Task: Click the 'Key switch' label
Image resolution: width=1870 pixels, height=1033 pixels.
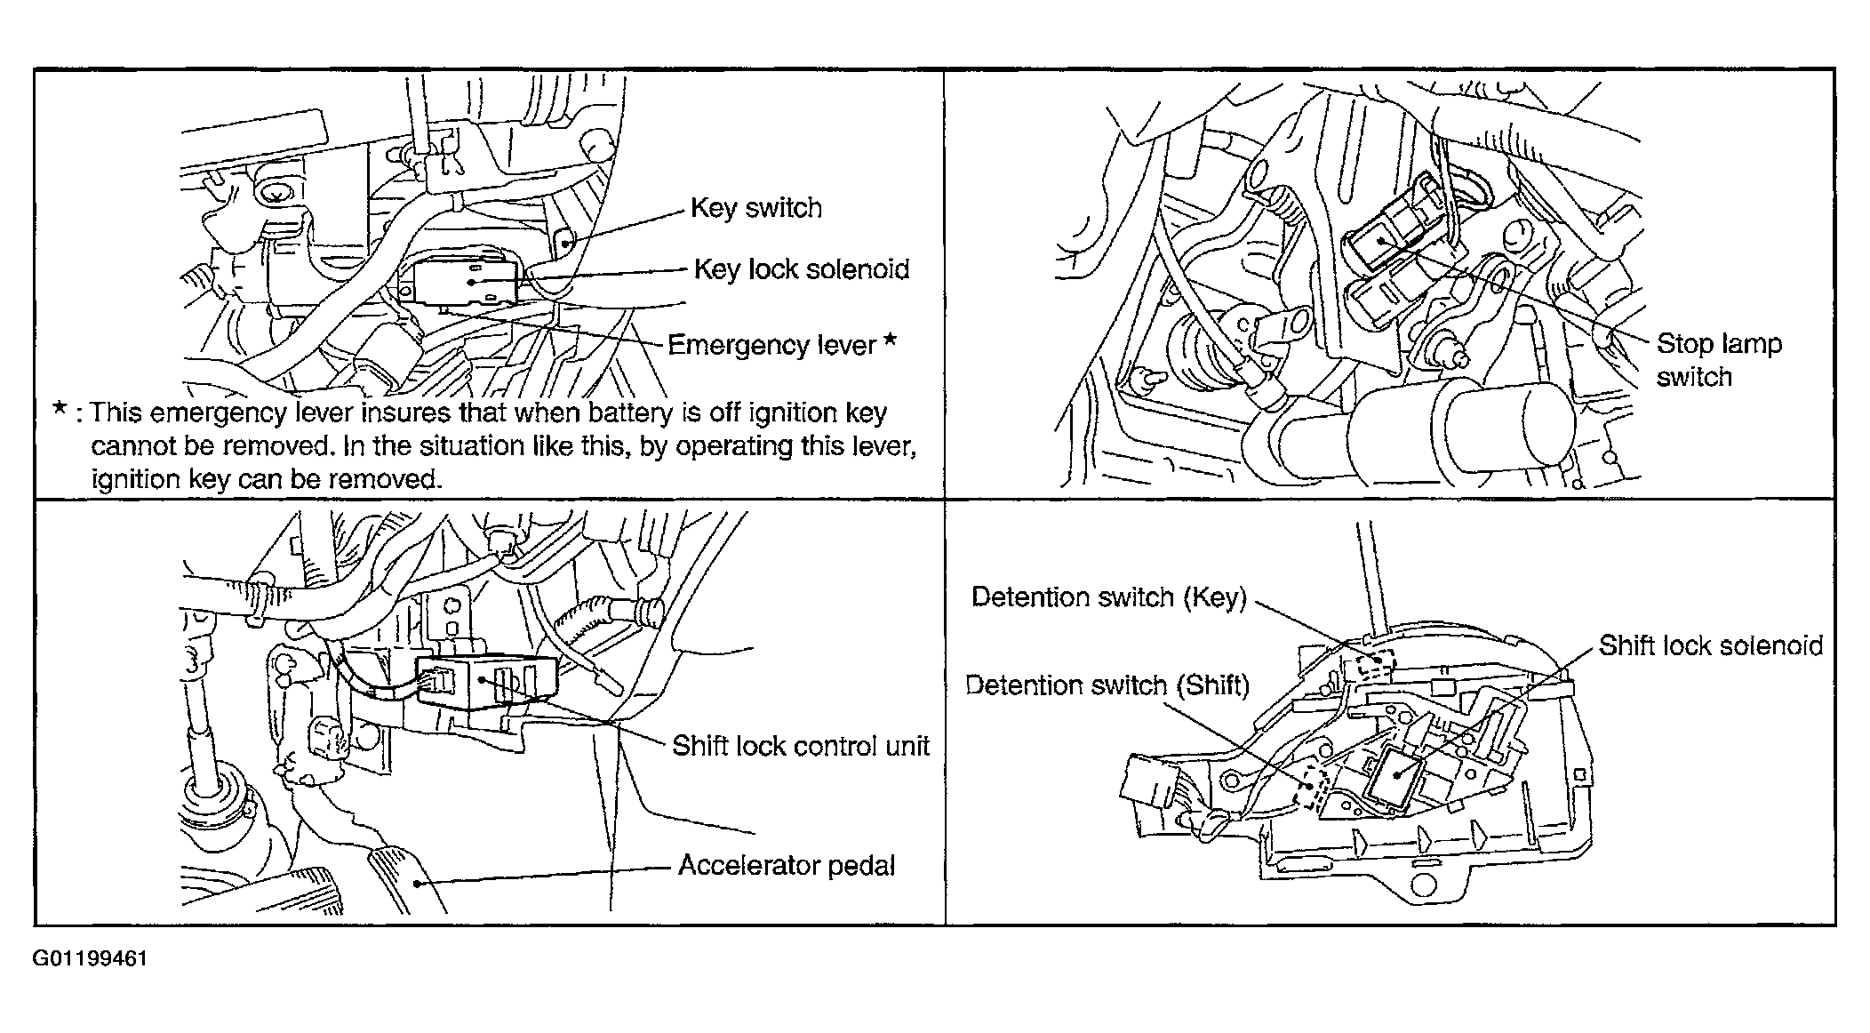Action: pos(756,208)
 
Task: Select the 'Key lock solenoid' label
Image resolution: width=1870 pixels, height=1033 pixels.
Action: pos(802,269)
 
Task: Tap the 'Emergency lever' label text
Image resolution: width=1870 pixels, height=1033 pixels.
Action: pos(771,345)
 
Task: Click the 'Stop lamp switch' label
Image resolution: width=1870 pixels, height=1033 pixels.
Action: pos(1719,360)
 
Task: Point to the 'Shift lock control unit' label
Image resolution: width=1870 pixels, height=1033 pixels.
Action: pos(801,746)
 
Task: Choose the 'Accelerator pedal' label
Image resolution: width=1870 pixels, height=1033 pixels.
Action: pos(787,866)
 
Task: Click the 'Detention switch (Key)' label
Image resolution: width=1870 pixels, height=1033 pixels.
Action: pos(1109,597)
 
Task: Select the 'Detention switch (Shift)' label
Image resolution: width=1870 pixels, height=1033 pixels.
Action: pos(1107,685)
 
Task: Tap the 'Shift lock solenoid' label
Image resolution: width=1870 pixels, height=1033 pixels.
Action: pos(1711,645)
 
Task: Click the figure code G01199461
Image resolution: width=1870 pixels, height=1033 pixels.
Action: pos(90,959)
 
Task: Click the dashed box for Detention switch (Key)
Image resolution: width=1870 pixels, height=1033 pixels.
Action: pos(1375,661)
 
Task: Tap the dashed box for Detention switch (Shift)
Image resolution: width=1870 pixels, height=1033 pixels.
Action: pos(1313,788)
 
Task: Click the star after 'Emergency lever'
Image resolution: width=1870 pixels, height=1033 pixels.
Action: pos(890,342)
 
